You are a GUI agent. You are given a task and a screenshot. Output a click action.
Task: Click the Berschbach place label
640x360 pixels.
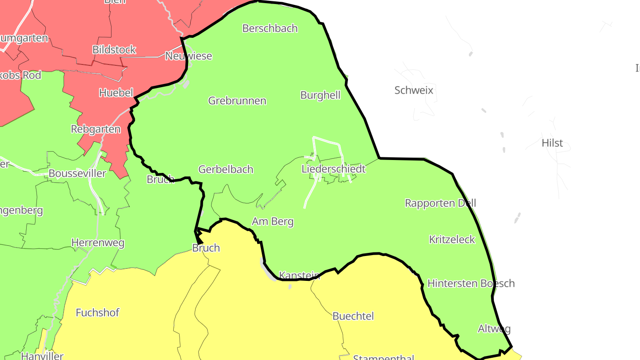tap(270, 28)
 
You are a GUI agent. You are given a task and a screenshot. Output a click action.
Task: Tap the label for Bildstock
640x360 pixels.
tap(114, 50)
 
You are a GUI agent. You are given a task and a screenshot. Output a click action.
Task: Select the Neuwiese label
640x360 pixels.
tap(188, 56)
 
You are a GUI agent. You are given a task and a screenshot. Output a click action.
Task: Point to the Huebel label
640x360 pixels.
tap(116, 93)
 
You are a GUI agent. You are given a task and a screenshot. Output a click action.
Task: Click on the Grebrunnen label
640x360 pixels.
tap(237, 101)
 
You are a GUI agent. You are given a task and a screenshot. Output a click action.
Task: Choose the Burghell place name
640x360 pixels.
tap(320, 95)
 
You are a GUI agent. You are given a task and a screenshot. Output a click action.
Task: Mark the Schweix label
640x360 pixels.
tap(414, 91)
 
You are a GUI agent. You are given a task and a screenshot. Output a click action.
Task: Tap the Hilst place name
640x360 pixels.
tap(552, 143)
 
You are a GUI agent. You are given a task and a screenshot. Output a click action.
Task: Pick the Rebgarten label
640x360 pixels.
tap(96, 129)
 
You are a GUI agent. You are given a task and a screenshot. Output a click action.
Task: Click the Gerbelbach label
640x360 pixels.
tap(226, 169)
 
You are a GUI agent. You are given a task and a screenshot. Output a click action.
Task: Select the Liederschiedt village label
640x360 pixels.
tap(333, 169)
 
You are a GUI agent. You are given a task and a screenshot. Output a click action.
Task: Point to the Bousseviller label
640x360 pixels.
tap(77, 173)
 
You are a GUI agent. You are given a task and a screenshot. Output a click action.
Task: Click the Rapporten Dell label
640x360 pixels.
tap(440, 203)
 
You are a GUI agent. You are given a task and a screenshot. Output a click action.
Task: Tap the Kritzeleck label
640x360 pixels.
tap(452, 240)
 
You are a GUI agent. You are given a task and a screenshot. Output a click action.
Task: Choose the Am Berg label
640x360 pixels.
tap(273, 221)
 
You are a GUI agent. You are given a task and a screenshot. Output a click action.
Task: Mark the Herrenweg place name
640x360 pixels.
tap(98, 243)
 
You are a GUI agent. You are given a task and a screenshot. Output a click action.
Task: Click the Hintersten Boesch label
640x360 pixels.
tap(471, 283)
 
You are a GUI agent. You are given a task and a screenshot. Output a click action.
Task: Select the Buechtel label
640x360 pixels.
tap(353, 316)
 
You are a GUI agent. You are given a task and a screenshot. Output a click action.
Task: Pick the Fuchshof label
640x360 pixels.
tap(97, 313)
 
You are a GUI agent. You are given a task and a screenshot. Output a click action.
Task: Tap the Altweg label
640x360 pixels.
tap(494, 329)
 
